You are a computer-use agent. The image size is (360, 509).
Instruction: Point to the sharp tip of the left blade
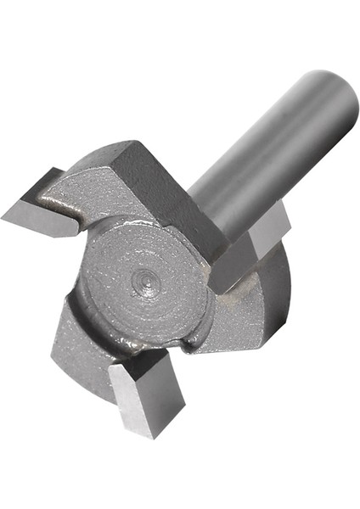[3, 214]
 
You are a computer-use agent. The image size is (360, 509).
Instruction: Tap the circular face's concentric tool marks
[127, 305]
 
